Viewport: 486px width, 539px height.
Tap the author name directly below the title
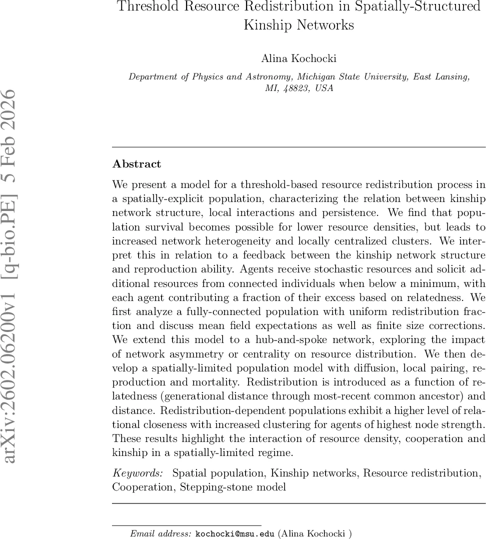tap(298, 58)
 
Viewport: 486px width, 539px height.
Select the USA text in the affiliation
tap(324, 88)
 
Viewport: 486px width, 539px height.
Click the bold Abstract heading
tap(137, 164)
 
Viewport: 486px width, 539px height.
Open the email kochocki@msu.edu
tap(234, 533)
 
